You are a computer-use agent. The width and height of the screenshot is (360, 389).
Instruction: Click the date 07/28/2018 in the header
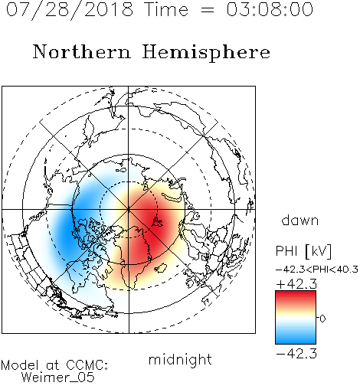click(x=70, y=10)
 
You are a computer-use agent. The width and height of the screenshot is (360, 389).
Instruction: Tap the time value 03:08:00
click(x=270, y=9)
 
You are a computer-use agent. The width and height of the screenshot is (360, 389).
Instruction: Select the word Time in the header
click(x=166, y=9)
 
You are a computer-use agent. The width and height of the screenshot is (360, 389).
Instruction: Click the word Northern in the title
click(x=82, y=52)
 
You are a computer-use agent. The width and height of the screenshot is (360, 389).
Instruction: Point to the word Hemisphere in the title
click(x=206, y=52)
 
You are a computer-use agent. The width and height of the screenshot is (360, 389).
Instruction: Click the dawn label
click(x=300, y=220)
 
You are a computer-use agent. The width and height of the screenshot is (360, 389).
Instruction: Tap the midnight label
click(x=180, y=359)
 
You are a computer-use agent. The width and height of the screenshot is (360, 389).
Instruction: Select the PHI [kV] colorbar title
click(x=303, y=251)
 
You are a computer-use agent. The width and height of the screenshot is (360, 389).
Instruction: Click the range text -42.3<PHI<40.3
click(x=317, y=270)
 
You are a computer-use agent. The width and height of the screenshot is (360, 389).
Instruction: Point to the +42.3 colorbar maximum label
click(x=296, y=284)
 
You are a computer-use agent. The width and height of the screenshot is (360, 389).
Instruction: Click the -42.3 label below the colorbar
click(x=296, y=354)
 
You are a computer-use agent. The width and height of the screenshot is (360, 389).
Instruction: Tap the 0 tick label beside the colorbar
click(x=322, y=319)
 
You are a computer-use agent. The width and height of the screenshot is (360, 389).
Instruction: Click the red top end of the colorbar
click(x=296, y=293)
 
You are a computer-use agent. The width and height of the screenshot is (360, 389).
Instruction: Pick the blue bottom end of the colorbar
click(x=296, y=342)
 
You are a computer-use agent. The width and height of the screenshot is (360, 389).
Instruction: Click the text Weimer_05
click(x=58, y=378)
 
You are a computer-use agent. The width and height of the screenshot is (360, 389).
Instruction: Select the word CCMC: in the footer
click(x=87, y=365)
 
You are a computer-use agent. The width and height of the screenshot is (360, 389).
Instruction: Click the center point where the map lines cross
click(x=129, y=210)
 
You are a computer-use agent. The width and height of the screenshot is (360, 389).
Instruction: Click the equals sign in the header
click(x=208, y=11)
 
